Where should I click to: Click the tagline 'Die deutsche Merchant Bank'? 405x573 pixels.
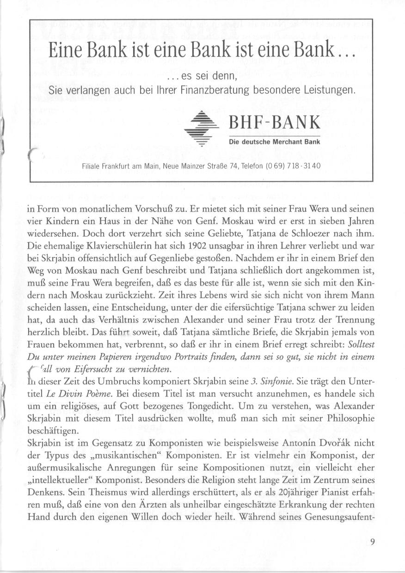(275, 141)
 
